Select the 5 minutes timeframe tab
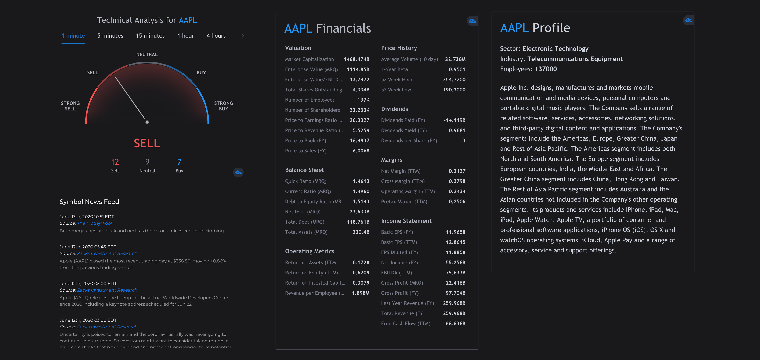click(x=110, y=36)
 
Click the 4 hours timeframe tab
click(x=216, y=36)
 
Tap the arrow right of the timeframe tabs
click(x=243, y=36)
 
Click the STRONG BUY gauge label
click(x=223, y=106)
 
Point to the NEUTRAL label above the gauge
click(x=147, y=55)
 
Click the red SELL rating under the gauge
click(x=147, y=143)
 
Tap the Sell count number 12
click(x=115, y=162)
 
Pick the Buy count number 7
click(x=179, y=162)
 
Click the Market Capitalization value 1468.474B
click(x=357, y=59)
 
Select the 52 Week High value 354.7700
click(x=454, y=80)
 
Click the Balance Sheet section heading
click(x=304, y=170)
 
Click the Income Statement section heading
click(x=406, y=221)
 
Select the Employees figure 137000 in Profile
click(x=546, y=69)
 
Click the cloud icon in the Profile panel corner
click(x=688, y=20)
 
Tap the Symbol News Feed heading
click(x=89, y=202)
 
